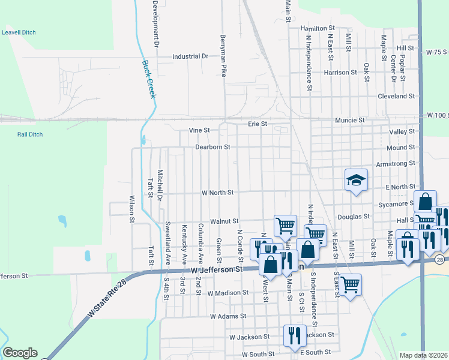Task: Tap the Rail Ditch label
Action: coord(30,134)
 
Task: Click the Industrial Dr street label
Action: coord(190,56)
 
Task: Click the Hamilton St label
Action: coord(318,28)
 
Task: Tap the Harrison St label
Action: coord(340,73)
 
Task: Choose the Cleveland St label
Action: coord(396,96)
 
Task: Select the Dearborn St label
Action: coord(213,147)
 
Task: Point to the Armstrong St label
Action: coord(396,163)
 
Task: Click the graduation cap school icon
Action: coord(355,179)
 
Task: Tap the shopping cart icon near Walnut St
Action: coord(285,226)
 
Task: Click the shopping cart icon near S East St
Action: coord(350,284)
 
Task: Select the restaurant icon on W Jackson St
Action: coord(294,335)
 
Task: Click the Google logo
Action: coord(20,353)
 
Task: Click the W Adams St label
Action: coord(228,316)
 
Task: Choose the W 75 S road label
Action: coord(437,53)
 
